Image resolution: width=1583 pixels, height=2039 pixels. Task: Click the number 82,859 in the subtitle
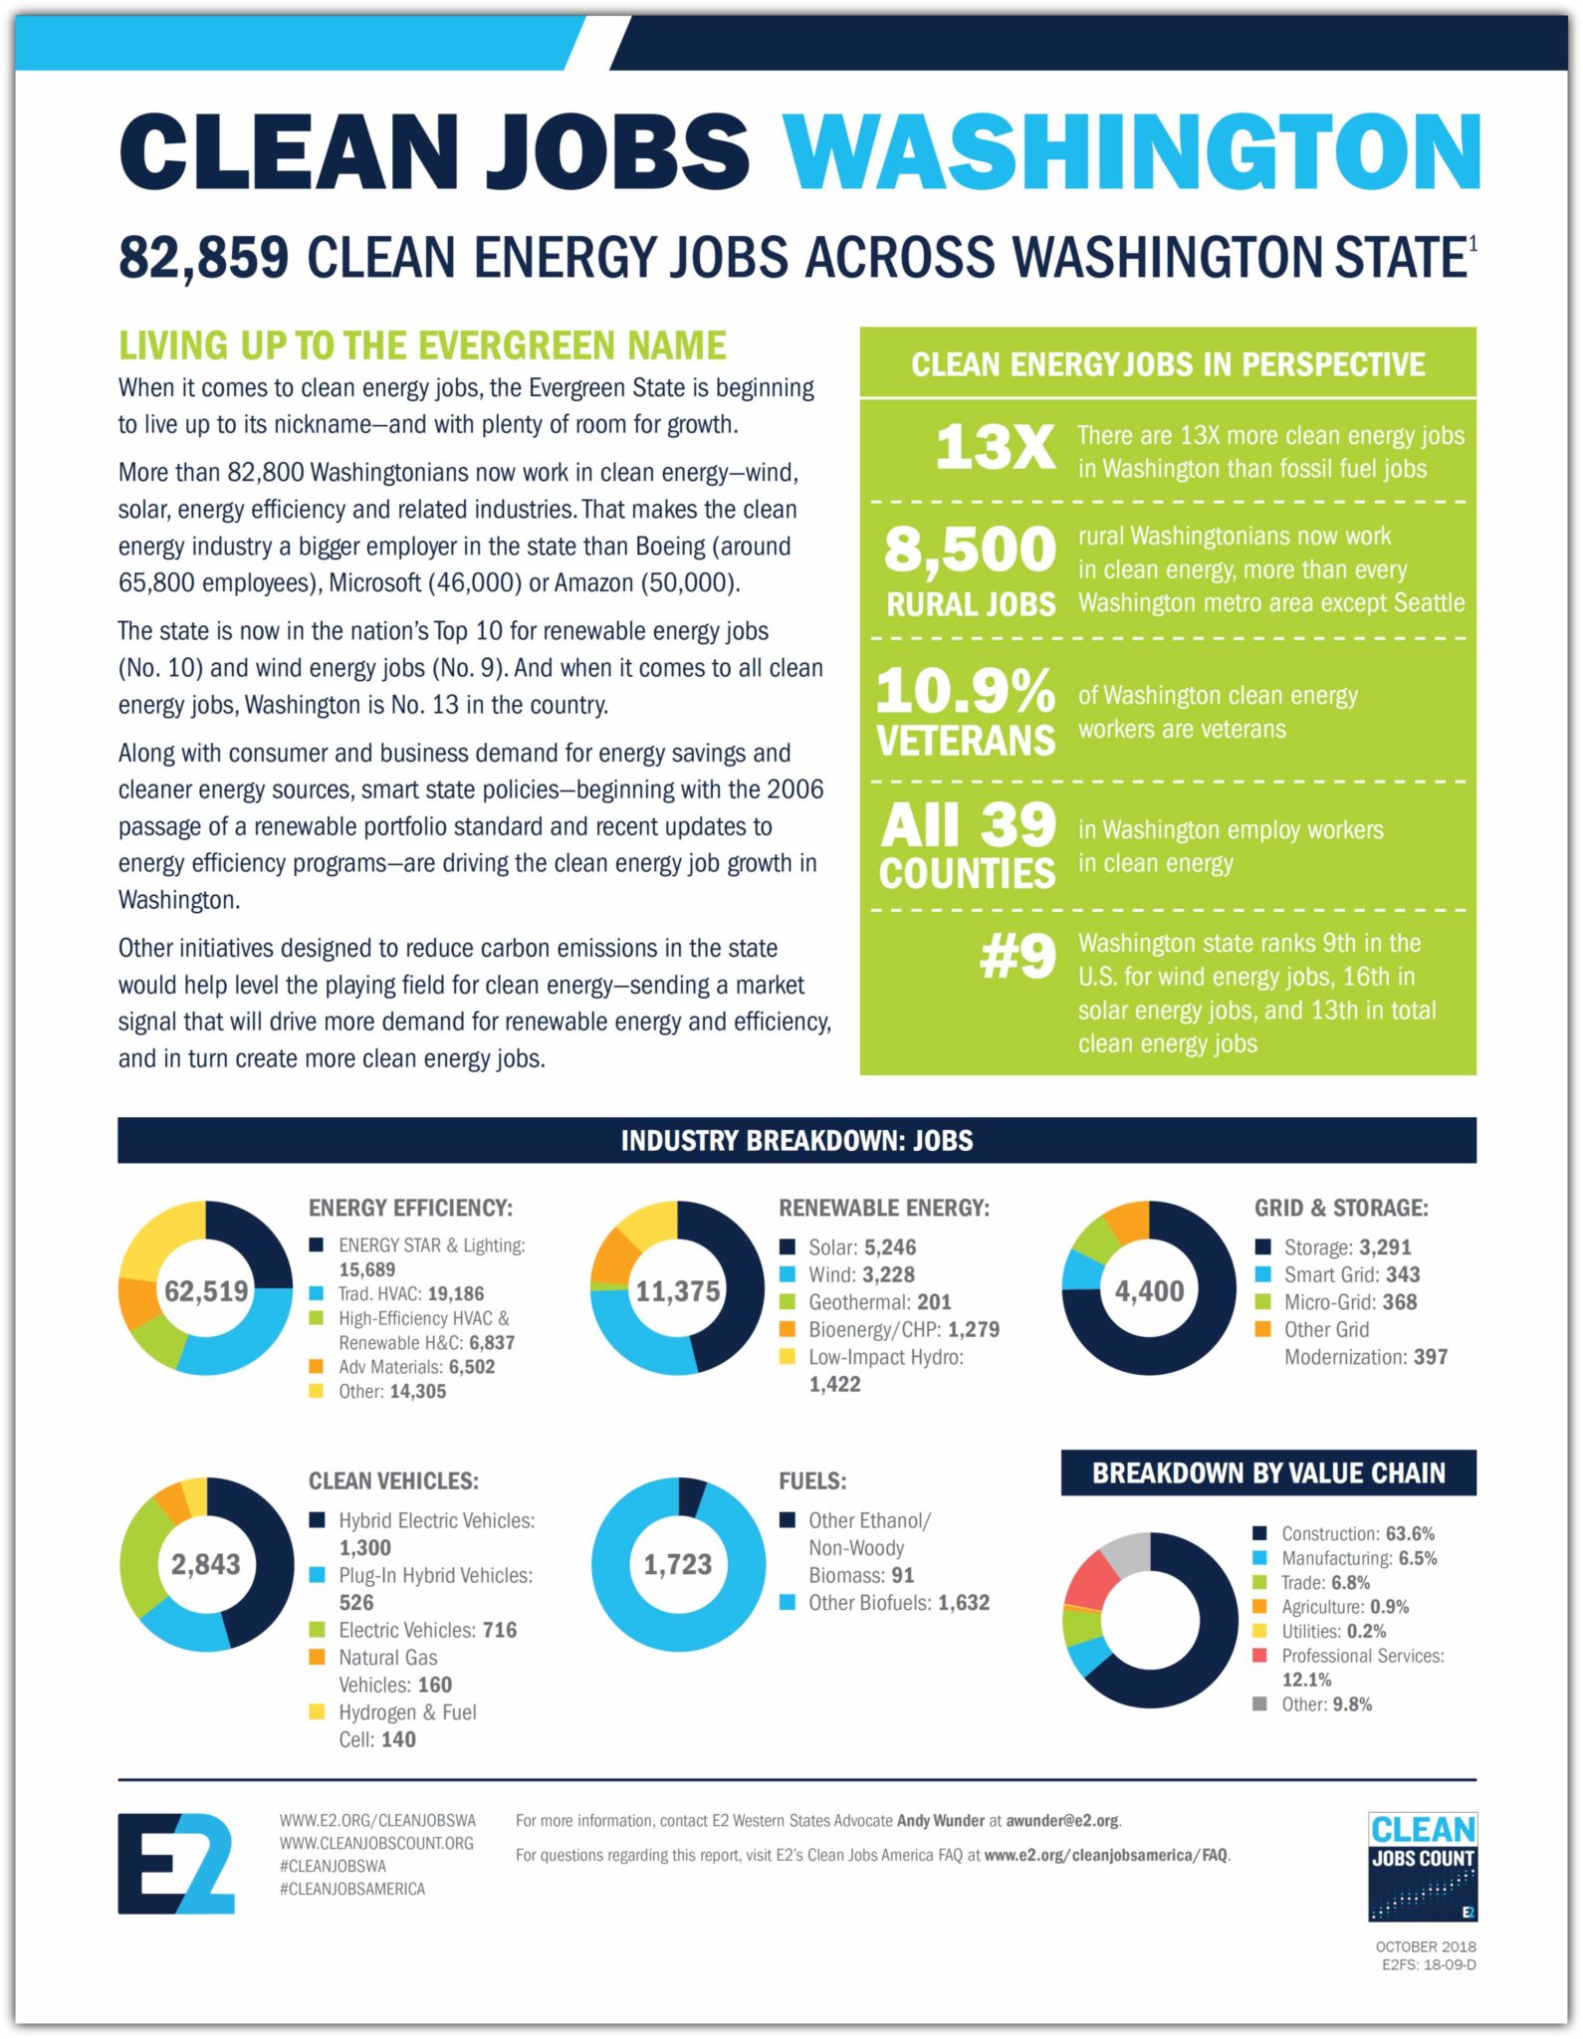(x=203, y=257)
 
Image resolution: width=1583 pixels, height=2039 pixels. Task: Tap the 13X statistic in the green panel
(x=995, y=447)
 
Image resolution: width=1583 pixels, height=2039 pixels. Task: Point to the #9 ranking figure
(x=1017, y=957)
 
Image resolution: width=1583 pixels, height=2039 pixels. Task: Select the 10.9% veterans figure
(x=965, y=690)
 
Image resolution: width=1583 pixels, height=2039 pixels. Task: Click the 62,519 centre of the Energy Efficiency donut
(x=206, y=1291)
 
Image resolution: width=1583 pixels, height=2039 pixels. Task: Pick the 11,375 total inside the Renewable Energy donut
(x=677, y=1291)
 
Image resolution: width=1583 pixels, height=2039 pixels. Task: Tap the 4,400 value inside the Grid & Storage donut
(x=1149, y=1291)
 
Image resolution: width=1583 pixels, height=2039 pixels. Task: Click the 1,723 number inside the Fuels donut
(x=677, y=1564)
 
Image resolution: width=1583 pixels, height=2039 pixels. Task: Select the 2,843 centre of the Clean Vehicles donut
(x=206, y=1564)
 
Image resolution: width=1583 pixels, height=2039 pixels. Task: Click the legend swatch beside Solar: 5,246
(x=788, y=1246)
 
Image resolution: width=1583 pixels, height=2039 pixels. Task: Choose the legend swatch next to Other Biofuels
(x=788, y=1602)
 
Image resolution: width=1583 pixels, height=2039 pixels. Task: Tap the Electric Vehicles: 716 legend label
(x=427, y=1630)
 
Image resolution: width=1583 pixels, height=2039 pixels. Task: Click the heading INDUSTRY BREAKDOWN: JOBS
(x=796, y=1140)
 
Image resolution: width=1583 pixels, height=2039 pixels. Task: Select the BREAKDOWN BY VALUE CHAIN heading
(x=1268, y=1473)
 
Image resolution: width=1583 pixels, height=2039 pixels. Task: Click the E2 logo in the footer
(x=176, y=1863)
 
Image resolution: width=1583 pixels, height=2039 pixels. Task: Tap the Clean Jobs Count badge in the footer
(x=1422, y=1866)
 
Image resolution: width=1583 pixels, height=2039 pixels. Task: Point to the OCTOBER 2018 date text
(x=1426, y=1946)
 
